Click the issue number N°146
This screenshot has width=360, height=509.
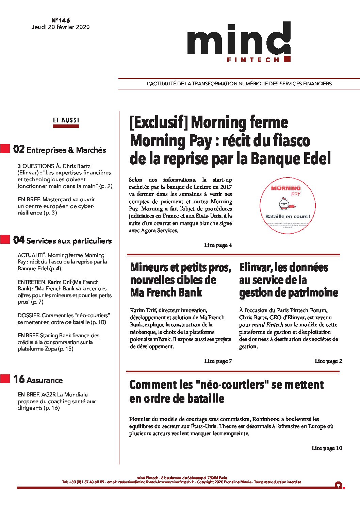click(x=60, y=20)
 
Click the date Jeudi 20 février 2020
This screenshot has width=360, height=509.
click(x=61, y=27)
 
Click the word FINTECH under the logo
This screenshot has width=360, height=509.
click(x=253, y=60)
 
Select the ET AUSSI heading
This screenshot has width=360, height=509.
click(x=66, y=120)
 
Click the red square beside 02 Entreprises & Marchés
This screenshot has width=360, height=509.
click(x=5, y=149)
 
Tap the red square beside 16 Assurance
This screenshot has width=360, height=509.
click(x=5, y=379)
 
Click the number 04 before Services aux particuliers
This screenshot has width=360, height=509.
click(x=19, y=240)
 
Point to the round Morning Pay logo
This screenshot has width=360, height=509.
click(x=288, y=205)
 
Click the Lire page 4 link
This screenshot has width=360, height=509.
click(x=218, y=245)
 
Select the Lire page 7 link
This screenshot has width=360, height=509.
click(x=218, y=361)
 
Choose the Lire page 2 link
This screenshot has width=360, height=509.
click(x=328, y=361)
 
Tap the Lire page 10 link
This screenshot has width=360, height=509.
click(x=327, y=448)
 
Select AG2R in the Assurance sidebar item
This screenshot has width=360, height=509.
click(x=48, y=394)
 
